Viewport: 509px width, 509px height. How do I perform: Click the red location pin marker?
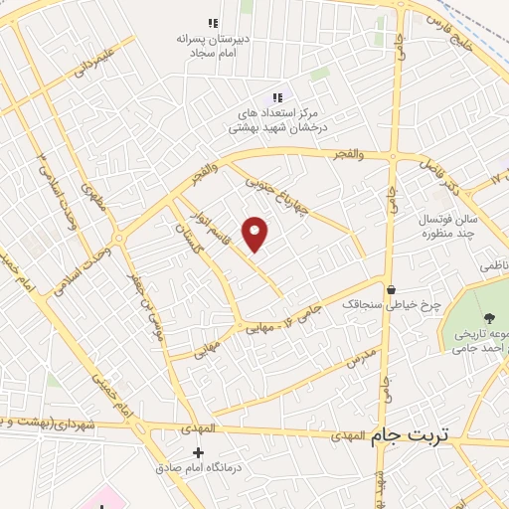click(256, 235)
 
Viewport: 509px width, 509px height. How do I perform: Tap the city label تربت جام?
click(410, 435)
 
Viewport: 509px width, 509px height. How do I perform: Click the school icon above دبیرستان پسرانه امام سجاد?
click(212, 22)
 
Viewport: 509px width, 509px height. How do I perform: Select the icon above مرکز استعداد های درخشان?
click(277, 96)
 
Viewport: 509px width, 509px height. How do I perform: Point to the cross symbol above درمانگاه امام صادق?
click(198, 452)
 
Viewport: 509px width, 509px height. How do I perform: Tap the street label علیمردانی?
click(90, 59)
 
